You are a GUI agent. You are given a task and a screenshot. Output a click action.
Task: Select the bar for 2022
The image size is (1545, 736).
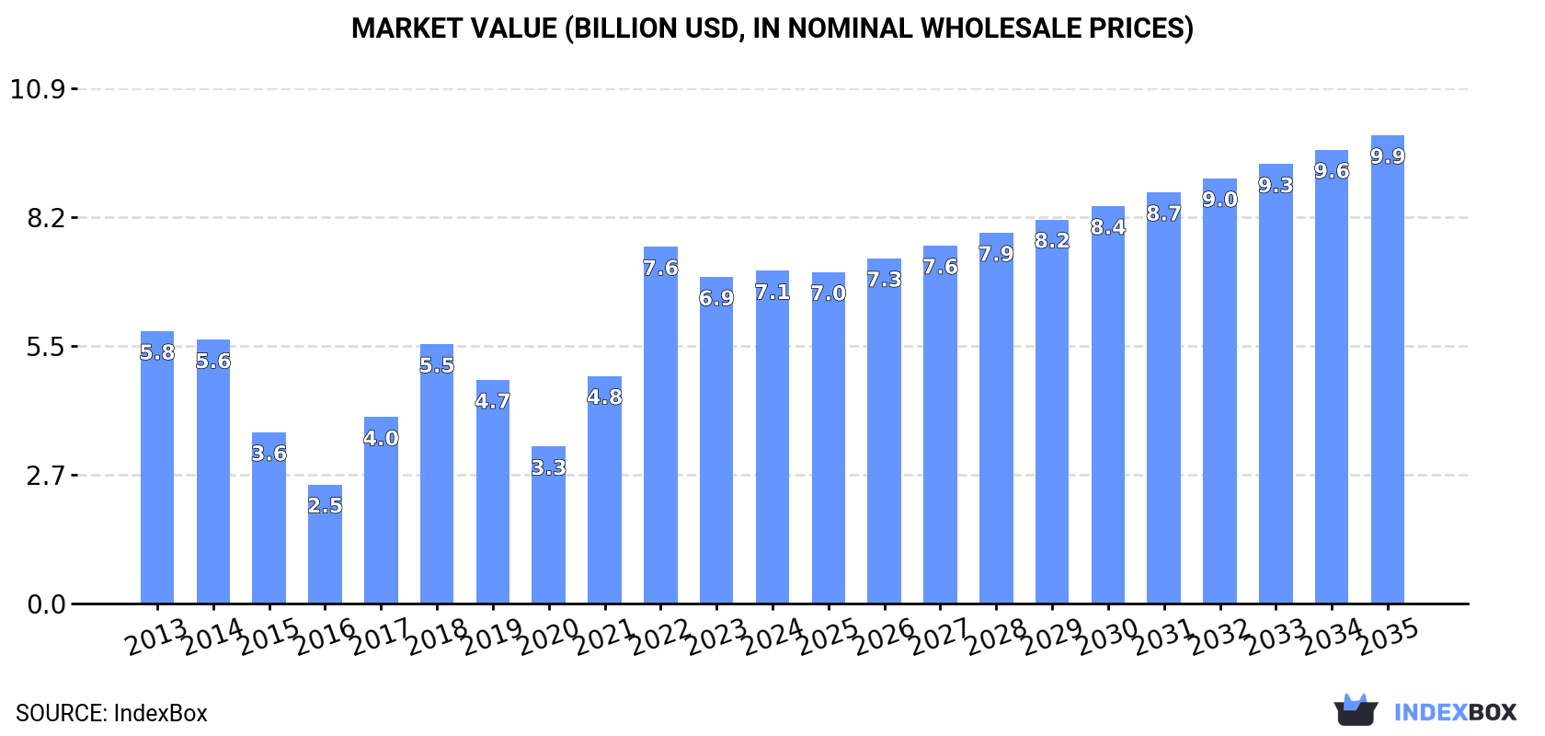click(660, 432)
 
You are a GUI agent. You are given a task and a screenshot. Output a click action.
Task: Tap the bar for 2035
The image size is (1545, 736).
click(1387, 377)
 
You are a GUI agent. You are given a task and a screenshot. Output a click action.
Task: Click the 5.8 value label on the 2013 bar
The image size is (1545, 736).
click(157, 352)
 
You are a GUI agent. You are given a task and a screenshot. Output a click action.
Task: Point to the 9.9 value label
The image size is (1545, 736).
click(1387, 156)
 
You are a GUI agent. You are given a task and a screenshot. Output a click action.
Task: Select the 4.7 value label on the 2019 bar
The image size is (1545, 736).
click(492, 401)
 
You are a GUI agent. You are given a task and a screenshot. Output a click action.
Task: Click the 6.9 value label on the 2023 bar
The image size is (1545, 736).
click(716, 298)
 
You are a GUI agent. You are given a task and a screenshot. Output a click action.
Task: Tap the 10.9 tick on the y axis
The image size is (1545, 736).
click(38, 89)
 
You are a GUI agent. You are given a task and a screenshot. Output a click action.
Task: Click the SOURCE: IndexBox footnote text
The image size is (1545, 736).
click(111, 713)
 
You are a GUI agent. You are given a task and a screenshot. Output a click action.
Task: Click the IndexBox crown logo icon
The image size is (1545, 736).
click(1356, 710)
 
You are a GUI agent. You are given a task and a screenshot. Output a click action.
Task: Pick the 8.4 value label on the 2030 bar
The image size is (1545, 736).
click(1108, 227)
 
